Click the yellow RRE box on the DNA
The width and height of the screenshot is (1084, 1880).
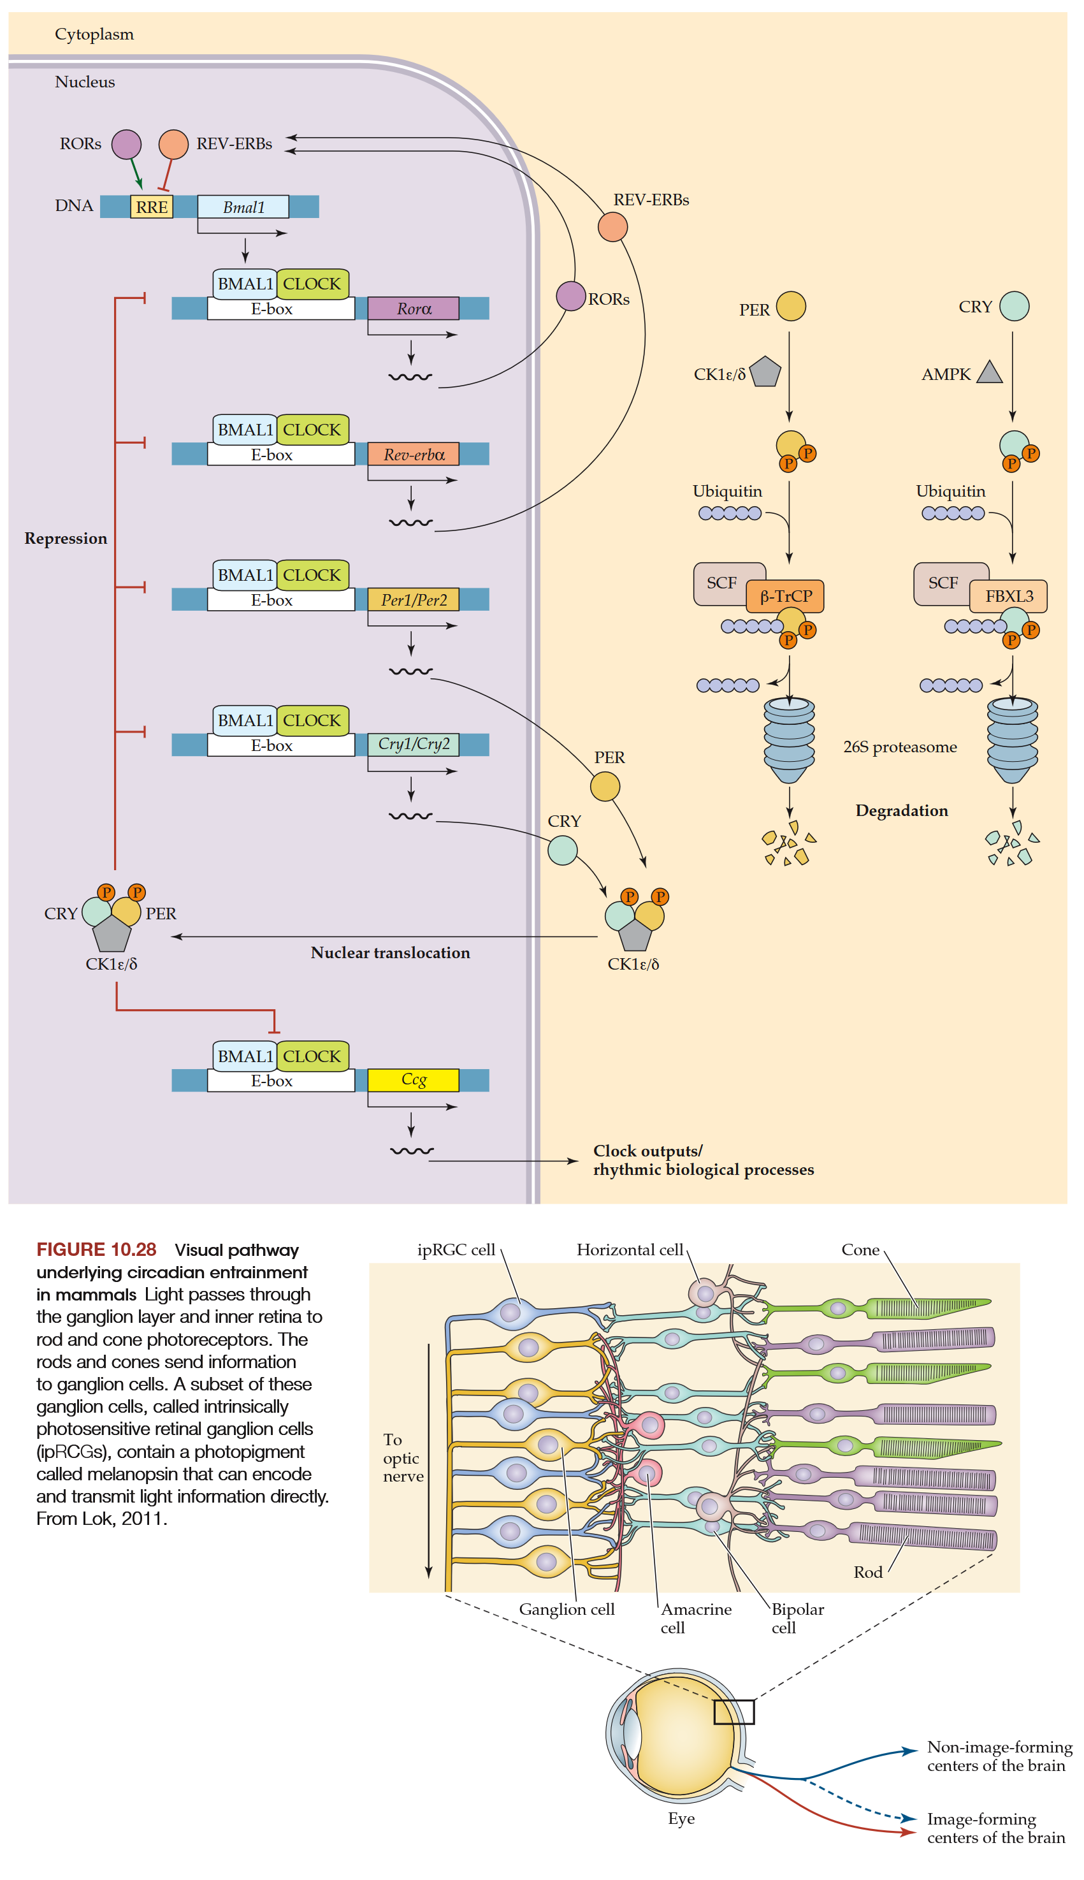(x=152, y=207)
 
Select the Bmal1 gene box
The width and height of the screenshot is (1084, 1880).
(x=243, y=207)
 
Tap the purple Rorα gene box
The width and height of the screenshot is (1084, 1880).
(x=413, y=309)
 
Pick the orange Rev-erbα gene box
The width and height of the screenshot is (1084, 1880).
(x=413, y=454)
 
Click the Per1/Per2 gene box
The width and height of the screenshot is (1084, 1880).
(x=413, y=599)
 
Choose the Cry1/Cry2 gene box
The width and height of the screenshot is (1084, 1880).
(x=413, y=744)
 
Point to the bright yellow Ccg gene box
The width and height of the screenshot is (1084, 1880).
(x=413, y=1079)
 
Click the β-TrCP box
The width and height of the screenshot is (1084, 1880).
(x=786, y=595)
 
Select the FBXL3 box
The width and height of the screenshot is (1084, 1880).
(x=1009, y=595)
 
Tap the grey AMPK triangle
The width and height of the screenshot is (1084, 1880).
(x=990, y=372)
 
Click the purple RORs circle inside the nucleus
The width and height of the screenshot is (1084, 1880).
(x=127, y=145)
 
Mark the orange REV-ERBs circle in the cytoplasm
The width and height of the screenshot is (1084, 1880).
(x=612, y=227)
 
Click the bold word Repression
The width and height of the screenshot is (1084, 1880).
(x=66, y=538)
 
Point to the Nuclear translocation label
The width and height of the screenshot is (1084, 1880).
(x=390, y=952)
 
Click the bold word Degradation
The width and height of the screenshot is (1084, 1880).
(x=902, y=810)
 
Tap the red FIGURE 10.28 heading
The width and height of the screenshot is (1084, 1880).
(x=96, y=1250)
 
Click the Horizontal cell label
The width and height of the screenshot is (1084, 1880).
(x=629, y=1250)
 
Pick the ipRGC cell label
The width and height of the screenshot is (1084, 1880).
(x=456, y=1250)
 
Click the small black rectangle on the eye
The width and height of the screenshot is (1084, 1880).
(x=734, y=1712)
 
